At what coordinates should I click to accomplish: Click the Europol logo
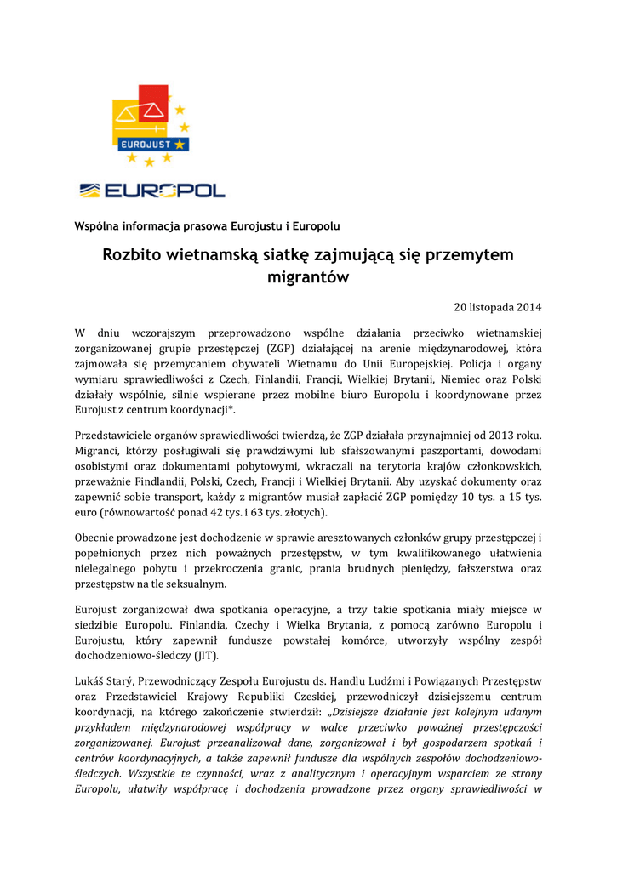coord(152,190)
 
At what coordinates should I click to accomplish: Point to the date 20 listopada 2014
coord(498,306)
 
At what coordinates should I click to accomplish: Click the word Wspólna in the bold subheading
coord(98,225)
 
